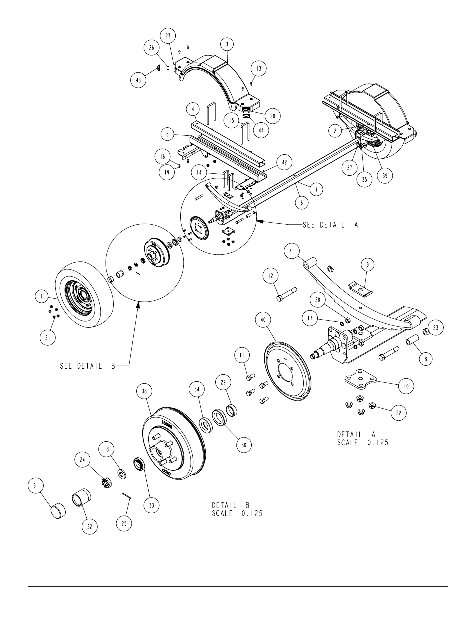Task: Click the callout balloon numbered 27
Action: [168, 36]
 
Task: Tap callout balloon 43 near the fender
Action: [138, 80]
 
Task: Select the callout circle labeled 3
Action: [227, 44]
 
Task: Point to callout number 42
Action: [284, 162]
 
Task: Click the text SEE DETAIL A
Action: [331, 225]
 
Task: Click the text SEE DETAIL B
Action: [88, 366]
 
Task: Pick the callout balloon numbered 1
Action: [42, 297]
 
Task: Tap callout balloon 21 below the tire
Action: [48, 337]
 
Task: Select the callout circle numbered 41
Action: [292, 251]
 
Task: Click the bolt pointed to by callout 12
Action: [286, 294]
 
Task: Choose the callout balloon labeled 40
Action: [263, 320]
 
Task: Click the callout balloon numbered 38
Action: [144, 391]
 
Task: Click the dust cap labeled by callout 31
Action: [58, 512]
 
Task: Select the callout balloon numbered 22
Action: [398, 412]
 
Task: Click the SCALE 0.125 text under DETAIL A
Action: [363, 443]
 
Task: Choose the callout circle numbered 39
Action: [385, 176]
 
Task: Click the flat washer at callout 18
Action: [122, 474]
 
